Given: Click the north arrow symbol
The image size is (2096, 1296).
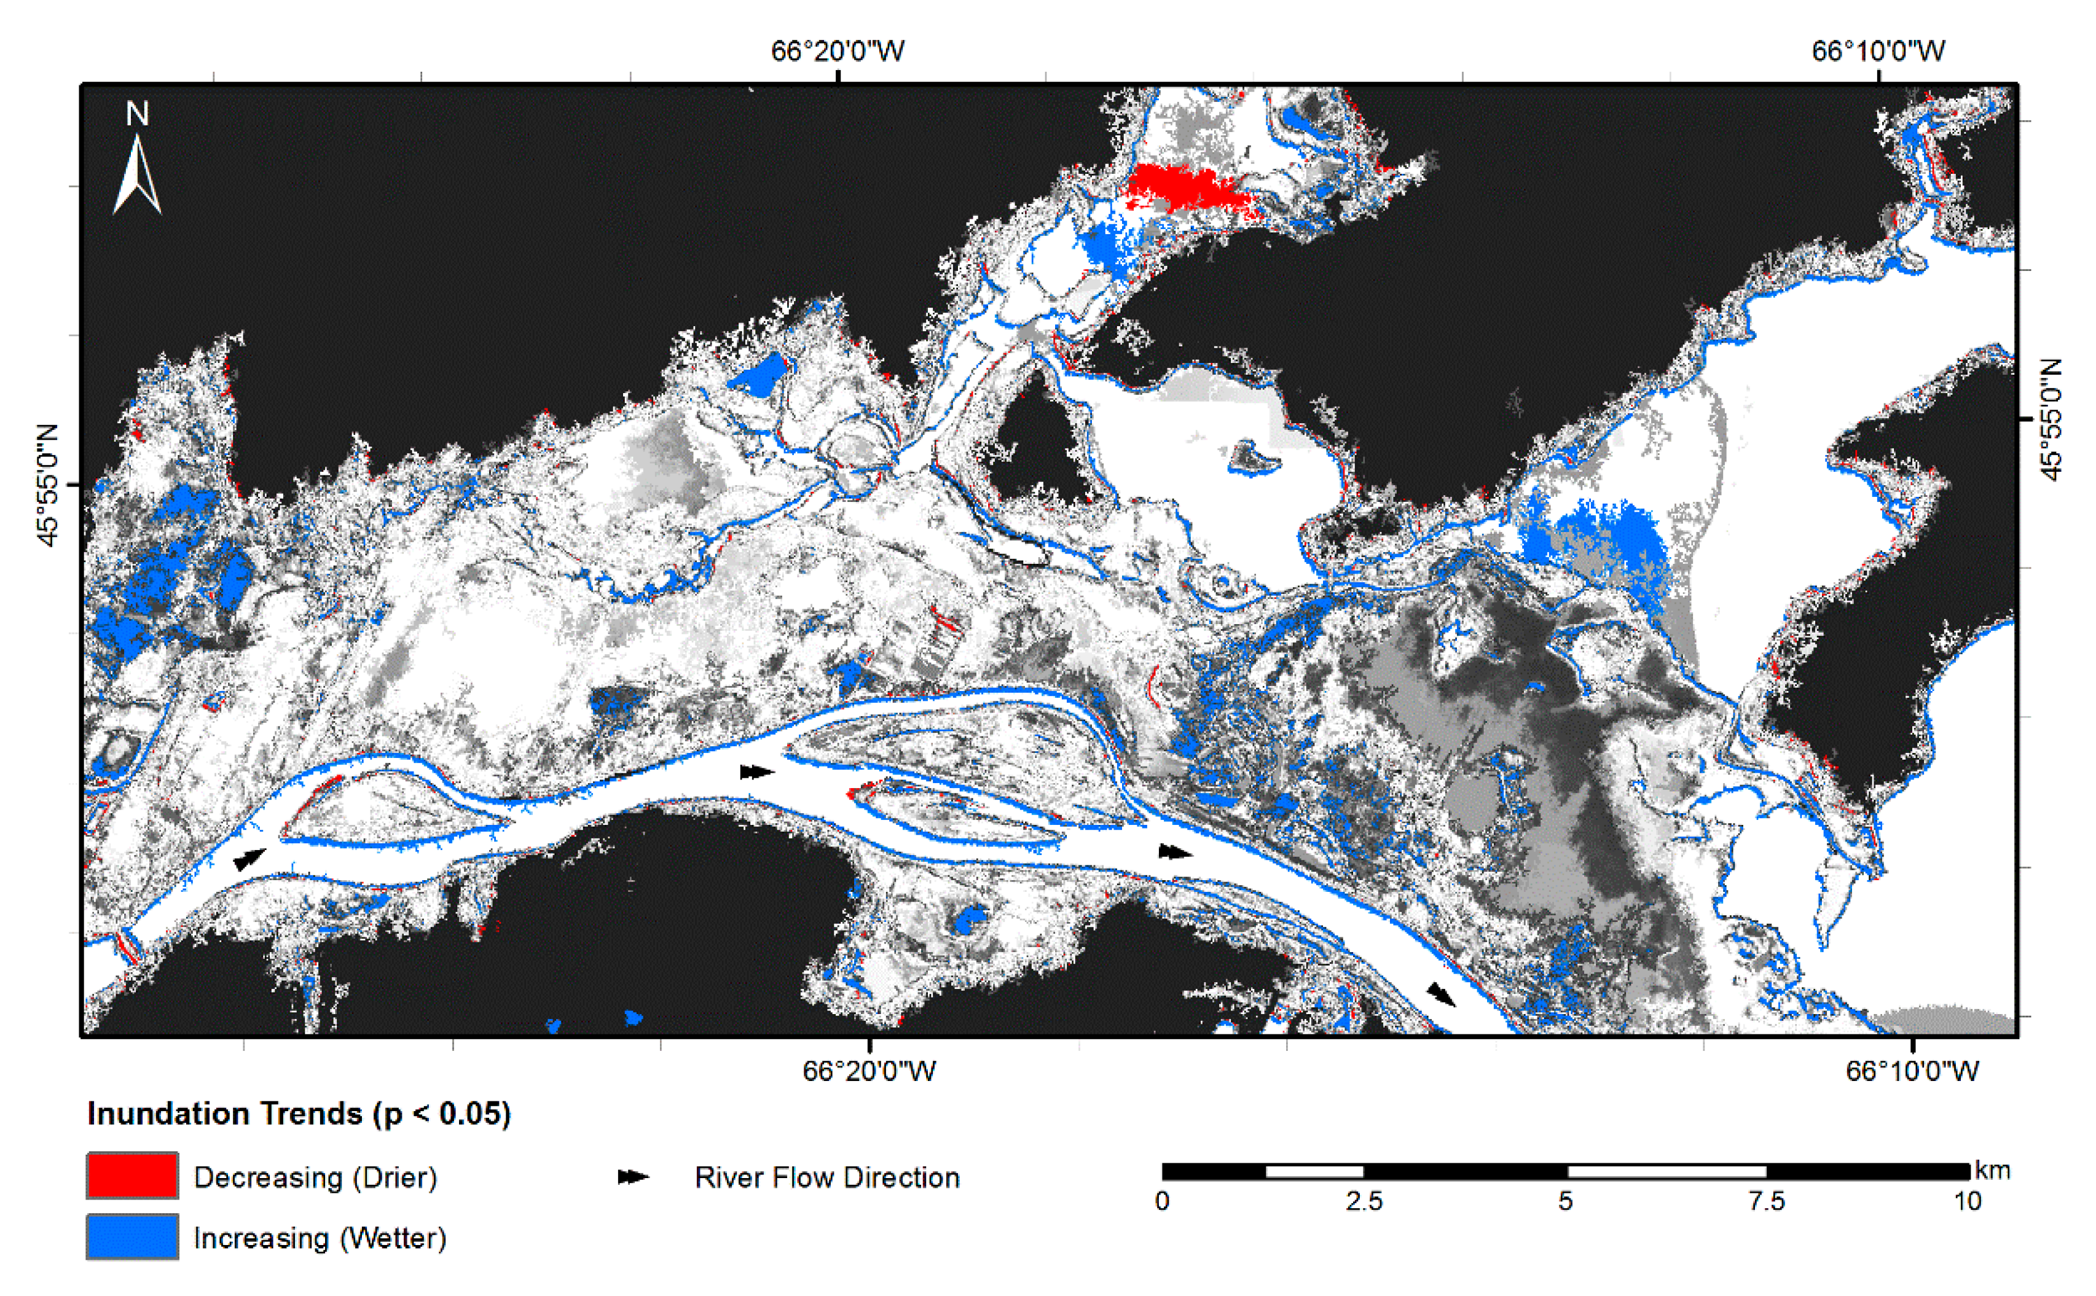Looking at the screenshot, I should click(137, 176).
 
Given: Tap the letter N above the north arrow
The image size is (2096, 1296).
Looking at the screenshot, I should click(137, 113).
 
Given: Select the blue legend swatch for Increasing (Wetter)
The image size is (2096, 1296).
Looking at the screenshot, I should click(132, 1237).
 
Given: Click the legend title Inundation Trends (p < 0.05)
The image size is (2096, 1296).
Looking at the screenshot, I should click(299, 1114).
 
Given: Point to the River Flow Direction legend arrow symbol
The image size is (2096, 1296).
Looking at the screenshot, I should click(634, 1177).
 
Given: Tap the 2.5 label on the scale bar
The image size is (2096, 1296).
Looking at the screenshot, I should click(1363, 1201).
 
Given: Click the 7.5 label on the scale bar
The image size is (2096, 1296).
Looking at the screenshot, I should click(1766, 1201).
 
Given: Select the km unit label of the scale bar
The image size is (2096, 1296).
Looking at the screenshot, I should click(1992, 1170).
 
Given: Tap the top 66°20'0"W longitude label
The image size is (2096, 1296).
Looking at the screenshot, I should click(838, 52).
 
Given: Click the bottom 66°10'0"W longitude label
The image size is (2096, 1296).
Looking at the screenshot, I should click(1912, 1071).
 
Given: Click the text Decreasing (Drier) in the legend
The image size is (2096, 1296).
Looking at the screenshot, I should click(315, 1177).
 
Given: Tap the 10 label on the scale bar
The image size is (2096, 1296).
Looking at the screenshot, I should click(1968, 1201).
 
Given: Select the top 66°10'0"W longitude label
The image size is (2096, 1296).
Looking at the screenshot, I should click(1877, 52).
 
